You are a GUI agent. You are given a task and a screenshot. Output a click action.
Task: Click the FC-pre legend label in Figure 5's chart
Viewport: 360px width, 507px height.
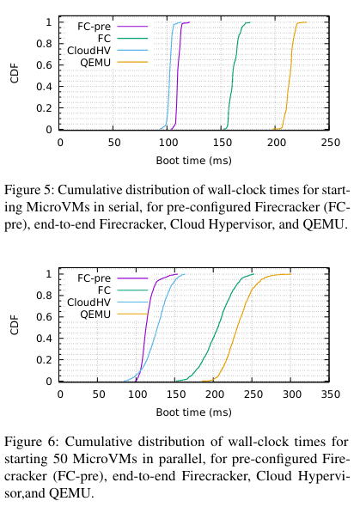tap(94, 26)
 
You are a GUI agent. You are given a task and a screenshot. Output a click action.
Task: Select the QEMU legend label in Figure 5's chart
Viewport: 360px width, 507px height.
tap(95, 63)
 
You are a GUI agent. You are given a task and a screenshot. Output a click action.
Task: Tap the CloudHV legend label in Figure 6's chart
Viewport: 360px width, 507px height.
tap(88, 302)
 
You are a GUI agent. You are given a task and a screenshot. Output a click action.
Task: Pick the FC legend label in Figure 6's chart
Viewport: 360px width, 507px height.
tap(104, 290)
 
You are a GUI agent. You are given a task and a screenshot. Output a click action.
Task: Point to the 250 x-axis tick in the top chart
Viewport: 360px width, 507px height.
tap(330, 143)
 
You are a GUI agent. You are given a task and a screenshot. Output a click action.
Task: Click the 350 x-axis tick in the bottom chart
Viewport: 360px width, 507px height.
tap(330, 394)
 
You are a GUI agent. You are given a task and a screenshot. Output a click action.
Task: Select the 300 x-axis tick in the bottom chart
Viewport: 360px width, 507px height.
tap(292, 394)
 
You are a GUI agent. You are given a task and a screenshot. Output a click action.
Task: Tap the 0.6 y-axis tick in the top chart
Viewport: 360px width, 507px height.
tap(45, 65)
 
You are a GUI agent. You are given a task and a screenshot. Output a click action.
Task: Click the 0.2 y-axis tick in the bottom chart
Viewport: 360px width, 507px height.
tap(45, 360)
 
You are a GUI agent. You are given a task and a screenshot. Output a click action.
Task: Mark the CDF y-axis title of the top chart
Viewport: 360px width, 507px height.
tap(15, 74)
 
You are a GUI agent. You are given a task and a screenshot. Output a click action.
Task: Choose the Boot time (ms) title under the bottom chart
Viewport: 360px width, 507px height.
tap(194, 412)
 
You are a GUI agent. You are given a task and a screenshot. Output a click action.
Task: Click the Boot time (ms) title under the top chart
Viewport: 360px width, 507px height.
tap(194, 161)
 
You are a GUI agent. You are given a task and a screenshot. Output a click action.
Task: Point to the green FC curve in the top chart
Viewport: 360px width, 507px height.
tap(232, 76)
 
